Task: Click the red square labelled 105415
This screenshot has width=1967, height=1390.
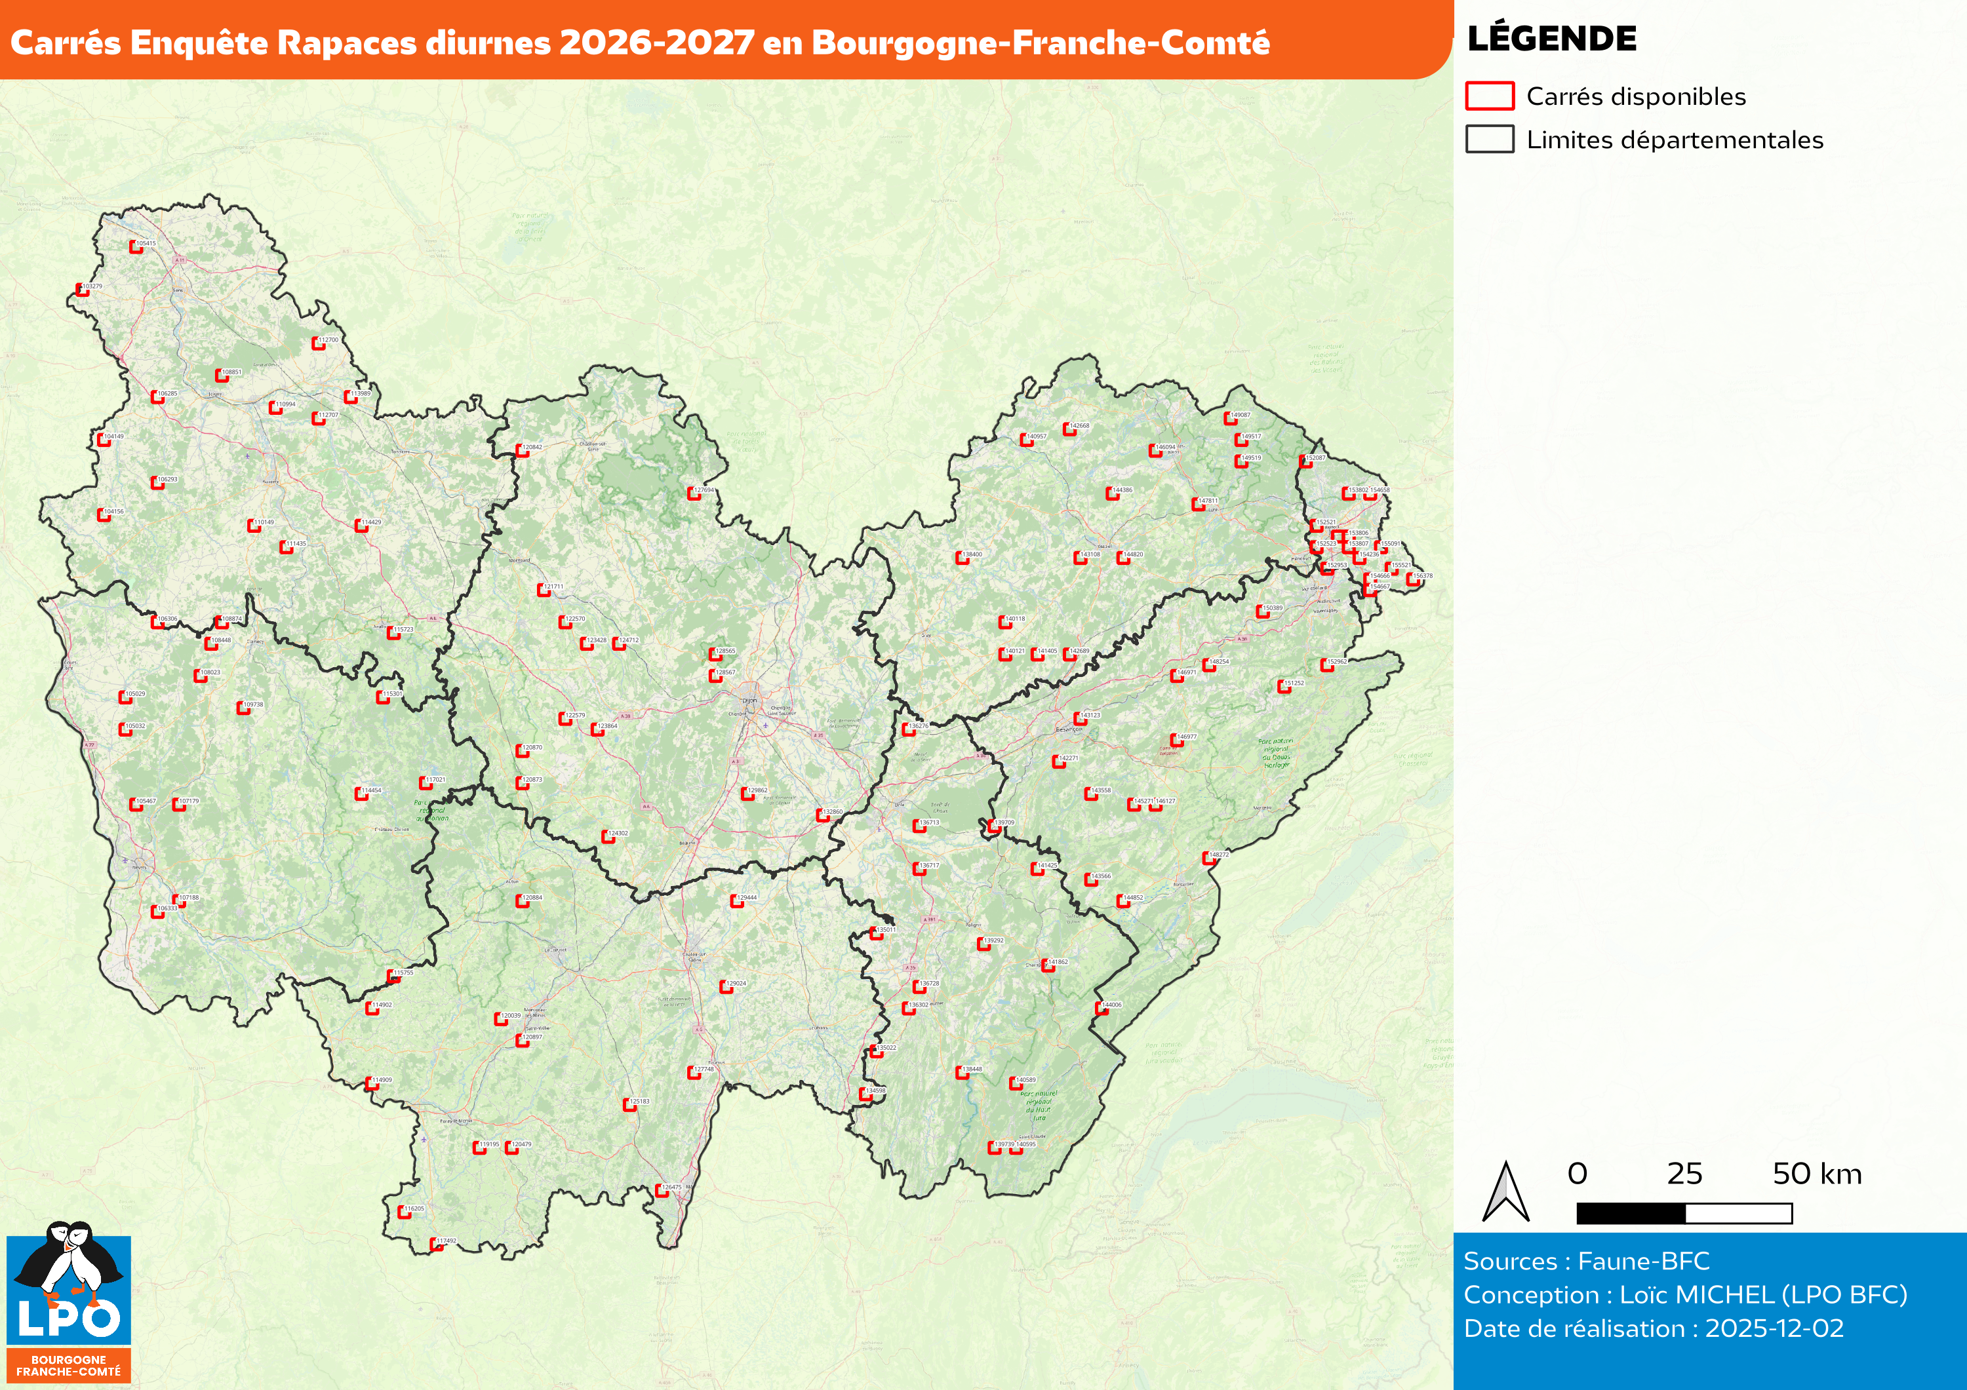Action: tap(135, 246)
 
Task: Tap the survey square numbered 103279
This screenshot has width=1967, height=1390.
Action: tap(82, 290)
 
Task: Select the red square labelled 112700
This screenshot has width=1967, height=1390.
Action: tap(317, 343)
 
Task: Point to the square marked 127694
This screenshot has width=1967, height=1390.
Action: tap(692, 493)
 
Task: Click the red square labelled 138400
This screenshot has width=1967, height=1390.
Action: tap(961, 558)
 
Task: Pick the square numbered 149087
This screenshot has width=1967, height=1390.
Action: tap(1229, 418)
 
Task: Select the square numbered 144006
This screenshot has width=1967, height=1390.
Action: tap(1101, 1008)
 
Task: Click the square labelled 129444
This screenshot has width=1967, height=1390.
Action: tap(736, 901)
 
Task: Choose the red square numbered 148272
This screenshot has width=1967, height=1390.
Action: tap(1208, 858)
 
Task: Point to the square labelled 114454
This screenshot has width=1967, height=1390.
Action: tap(361, 794)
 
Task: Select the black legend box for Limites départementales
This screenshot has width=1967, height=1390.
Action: tap(1489, 140)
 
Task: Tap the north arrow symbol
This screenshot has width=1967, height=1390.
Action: tap(1505, 1191)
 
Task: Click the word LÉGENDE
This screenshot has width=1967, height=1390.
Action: tap(1551, 39)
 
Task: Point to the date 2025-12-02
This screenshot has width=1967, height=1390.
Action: tap(1774, 1328)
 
